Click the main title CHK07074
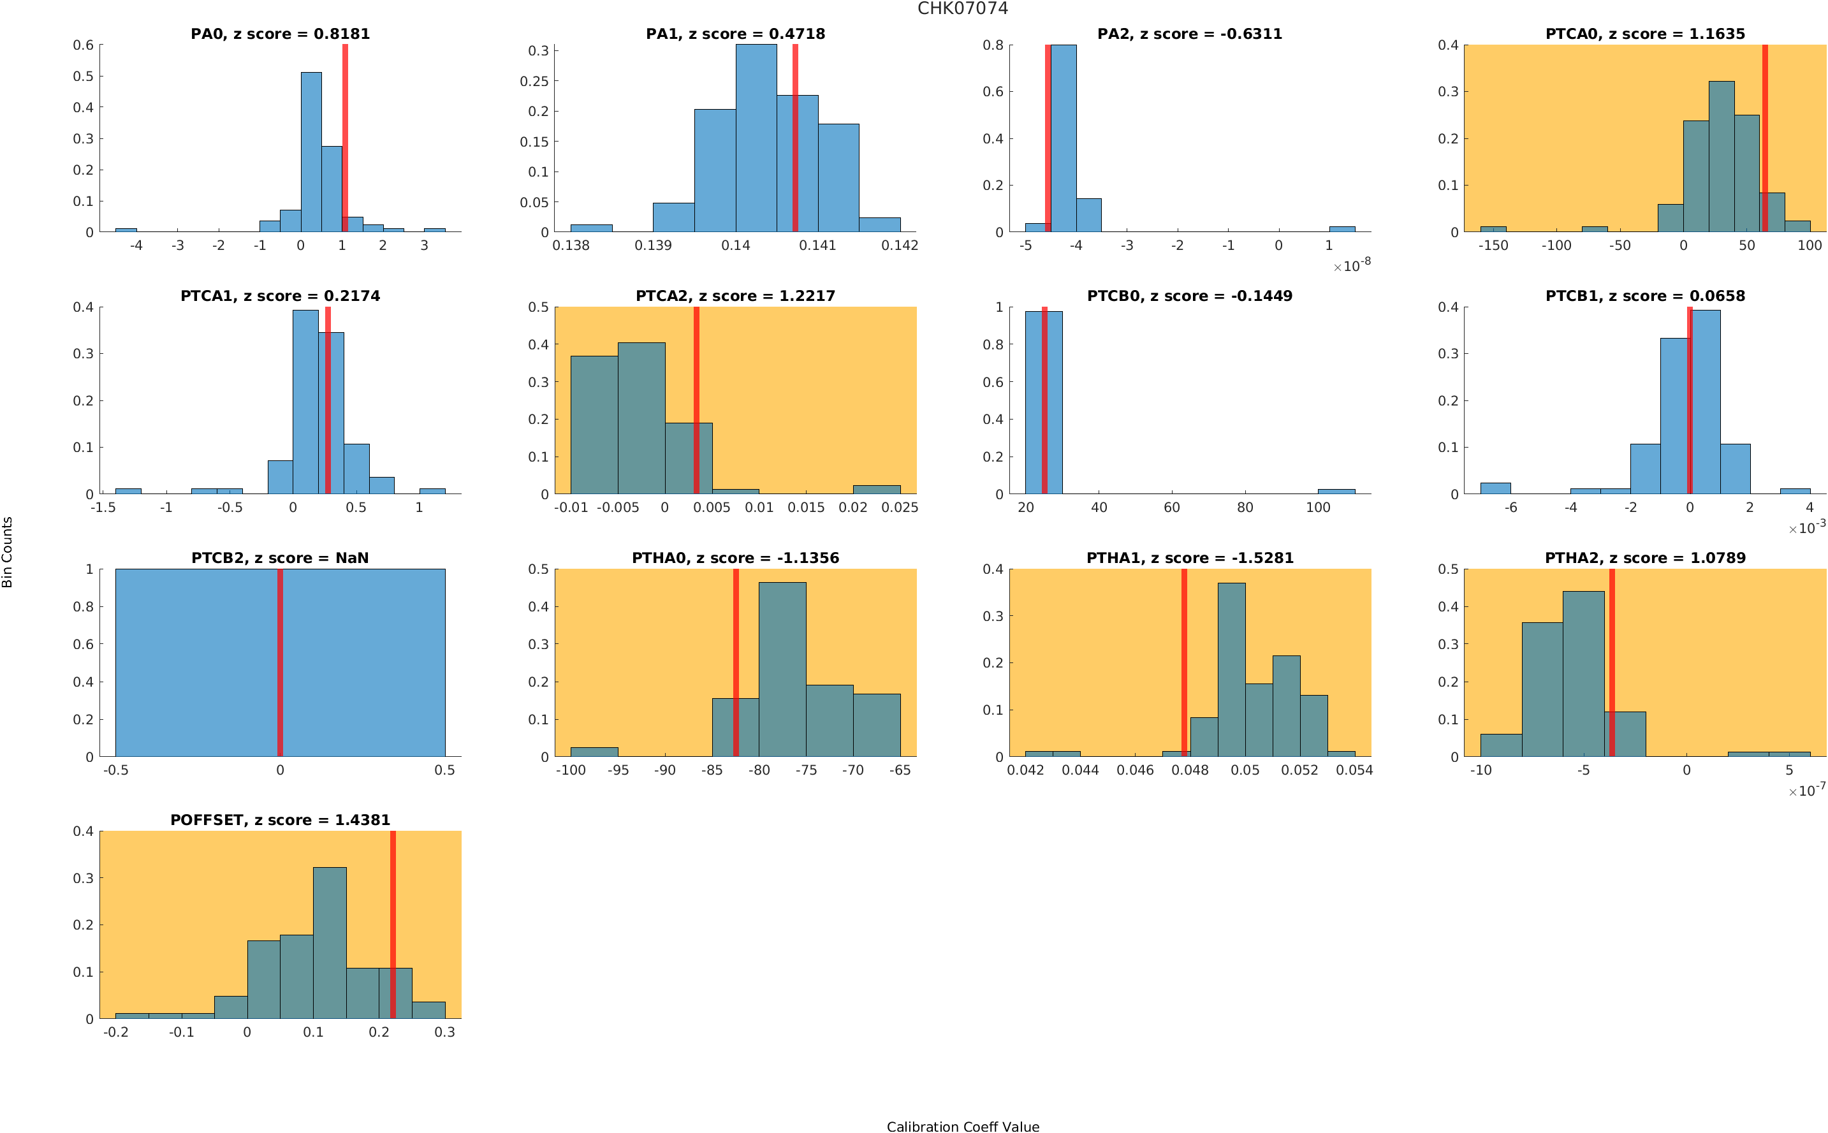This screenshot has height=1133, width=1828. [962, 9]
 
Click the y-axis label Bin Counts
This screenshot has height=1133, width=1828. [8, 552]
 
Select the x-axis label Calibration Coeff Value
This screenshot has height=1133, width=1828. [962, 1126]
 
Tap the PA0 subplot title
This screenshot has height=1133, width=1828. [279, 34]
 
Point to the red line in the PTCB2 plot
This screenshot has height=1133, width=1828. [279, 662]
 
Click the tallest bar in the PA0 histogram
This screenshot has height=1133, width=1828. [311, 152]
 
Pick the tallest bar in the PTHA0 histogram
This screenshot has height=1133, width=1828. [782, 669]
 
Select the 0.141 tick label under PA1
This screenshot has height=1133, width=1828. [817, 245]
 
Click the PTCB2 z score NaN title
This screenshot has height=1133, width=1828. [279, 559]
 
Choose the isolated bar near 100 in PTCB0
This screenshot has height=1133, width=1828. [1335, 492]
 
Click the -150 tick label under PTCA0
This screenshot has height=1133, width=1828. [1493, 245]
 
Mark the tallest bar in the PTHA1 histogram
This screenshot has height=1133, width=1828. [1231, 669]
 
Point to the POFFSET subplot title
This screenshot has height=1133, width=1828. [279, 820]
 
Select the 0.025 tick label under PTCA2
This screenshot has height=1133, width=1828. [899, 508]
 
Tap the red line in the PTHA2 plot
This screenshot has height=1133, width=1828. [1611, 662]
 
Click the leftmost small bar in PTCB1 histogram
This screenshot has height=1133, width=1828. [1495, 488]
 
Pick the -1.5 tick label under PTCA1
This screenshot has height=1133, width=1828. [103, 508]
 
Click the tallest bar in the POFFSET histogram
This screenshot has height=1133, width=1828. [329, 942]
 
